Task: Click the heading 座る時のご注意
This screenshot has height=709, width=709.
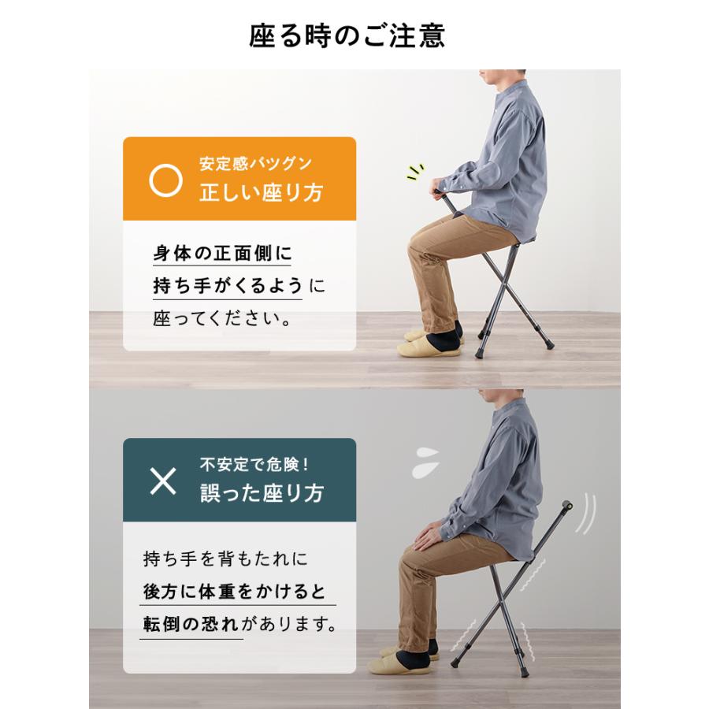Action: click(347, 36)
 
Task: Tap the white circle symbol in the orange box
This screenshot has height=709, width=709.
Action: click(165, 180)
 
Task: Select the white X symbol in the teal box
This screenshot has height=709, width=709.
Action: click(163, 481)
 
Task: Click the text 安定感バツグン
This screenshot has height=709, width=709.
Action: click(255, 165)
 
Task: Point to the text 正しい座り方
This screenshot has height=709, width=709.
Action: click(260, 194)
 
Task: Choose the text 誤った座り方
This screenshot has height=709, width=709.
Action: click(261, 494)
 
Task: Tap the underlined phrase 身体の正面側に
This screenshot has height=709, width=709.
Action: click(222, 254)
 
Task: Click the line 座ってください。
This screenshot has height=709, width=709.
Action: click(222, 321)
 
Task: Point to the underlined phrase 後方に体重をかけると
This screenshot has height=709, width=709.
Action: click(235, 592)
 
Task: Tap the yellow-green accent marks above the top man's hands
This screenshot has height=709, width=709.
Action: click(416, 172)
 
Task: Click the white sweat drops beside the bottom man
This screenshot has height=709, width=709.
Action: click(426, 462)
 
